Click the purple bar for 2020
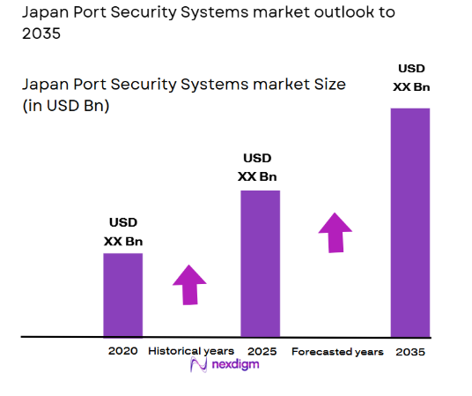coord(122,295)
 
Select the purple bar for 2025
coord(260,263)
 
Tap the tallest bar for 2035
coord(409,222)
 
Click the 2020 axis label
coord(123,351)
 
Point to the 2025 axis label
coord(262,351)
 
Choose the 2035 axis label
coord(410,352)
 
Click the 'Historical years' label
coord(191,351)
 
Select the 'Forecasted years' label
coord(337,352)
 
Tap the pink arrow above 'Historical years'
coord(189,284)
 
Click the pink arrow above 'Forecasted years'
coord(335,232)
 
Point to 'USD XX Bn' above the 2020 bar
coord(123,231)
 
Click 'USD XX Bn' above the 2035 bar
coord(411,77)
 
